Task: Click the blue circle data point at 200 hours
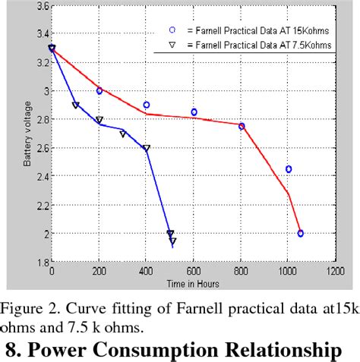pos(99,91)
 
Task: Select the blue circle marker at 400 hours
pos(147,105)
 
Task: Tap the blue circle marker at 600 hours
pos(194,112)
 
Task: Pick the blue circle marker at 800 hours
pos(242,126)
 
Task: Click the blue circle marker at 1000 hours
pos(289,169)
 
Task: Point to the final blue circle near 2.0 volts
pos(301,234)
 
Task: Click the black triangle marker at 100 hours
pos(75,105)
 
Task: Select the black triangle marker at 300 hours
pos(123,134)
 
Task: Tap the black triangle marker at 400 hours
pos(147,149)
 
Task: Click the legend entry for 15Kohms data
pos(243,30)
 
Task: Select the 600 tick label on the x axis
pos(194,271)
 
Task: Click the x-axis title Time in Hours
pos(193,282)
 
